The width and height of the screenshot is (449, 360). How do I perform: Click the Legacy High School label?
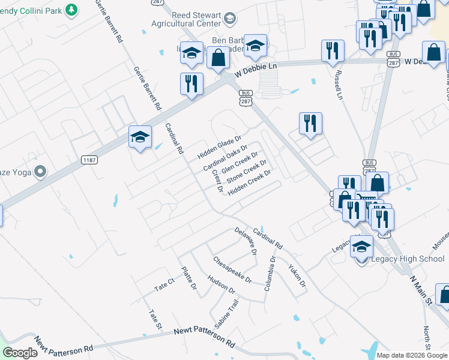pyautogui.click(x=408, y=259)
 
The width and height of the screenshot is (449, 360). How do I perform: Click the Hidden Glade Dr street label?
pyautogui.click(x=219, y=147)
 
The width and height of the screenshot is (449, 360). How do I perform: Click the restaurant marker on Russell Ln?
pyautogui.click(x=332, y=51)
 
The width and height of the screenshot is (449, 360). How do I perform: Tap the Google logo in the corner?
pyautogui.click(x=20, y=353)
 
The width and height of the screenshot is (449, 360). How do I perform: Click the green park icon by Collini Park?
pyautogui.click(x=71, y=10)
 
